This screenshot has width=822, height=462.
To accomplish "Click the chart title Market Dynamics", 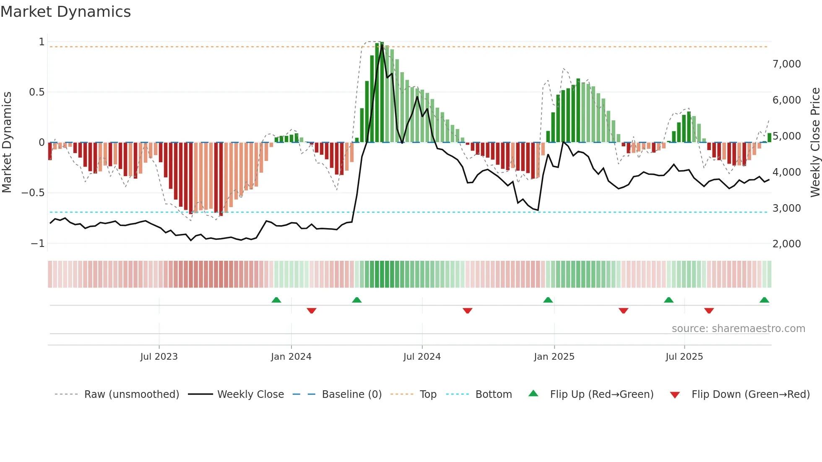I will click(x=66, y=12).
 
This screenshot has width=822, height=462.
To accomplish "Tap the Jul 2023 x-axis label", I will click(x=159, y=357).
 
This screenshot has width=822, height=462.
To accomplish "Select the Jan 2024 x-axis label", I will click(x=291, y=357).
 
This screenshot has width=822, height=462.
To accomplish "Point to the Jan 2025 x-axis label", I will click(x=554, y=357).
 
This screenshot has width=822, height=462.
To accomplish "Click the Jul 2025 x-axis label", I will click(x=684, y=357).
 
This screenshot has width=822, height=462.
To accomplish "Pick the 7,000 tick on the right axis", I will click(x=786, y=64).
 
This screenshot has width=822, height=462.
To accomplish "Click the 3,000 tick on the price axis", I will click(x=786, y=208).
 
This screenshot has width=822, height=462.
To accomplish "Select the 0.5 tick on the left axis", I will click(x=36, y=92).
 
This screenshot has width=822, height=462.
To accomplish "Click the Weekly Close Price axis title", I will click(x=815, y=143).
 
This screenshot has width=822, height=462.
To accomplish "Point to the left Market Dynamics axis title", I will click(x=7, y=143).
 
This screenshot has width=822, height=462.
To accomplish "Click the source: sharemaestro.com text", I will click(x=738, y=329).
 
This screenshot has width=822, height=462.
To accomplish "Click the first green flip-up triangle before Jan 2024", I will click(x=276, y=300).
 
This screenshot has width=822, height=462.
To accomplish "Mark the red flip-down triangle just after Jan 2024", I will click(x=311, y=310).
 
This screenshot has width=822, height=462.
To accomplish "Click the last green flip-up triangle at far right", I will click(x=764, y=300).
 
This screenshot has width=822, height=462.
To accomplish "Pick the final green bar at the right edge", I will click(x=769, y=138).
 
